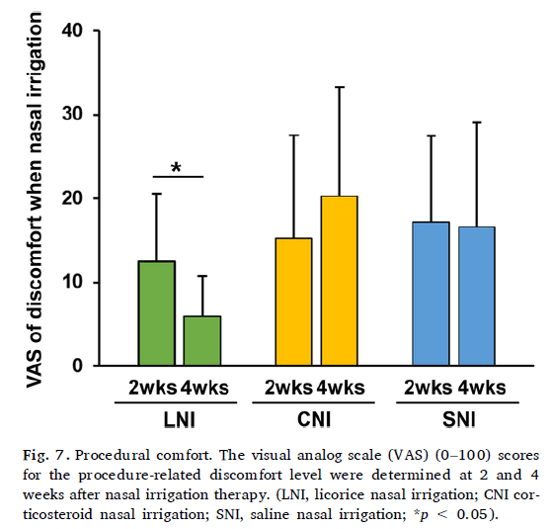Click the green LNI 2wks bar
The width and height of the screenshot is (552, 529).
[x=157, y=313]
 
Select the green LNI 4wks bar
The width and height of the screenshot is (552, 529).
[x=202, y=340]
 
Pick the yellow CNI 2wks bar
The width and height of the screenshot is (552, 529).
[x=293, y=302]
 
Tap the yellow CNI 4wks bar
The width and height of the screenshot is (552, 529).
[x=340, y=281]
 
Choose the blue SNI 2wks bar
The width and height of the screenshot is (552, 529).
[x=432, y=294]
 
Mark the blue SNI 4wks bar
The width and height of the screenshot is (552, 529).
[x=477, y=296]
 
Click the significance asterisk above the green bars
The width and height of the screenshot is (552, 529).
[x=176, y=167]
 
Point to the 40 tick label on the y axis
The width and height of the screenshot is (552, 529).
[x=72, y=31]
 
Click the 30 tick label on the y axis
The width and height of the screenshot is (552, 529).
[x=72, y=114]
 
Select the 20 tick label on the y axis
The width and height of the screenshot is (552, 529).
[x=72, y=198]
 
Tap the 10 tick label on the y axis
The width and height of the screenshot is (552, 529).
[x=72, y=282]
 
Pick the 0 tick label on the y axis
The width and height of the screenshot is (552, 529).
[x=77, y=366]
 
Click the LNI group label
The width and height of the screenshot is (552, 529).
[x=179, y=420]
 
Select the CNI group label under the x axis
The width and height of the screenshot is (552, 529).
[x=314, y=419]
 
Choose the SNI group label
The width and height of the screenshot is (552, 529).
[x=459, y=419]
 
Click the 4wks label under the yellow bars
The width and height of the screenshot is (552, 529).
[x=341, y=388]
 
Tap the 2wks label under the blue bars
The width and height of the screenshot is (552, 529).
[x=429, y=388]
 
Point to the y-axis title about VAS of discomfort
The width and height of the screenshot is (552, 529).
[x=35, y=200]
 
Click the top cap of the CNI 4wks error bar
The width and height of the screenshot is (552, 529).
[x=340, y=87]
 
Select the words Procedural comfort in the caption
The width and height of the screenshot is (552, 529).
[x=143, y=455]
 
